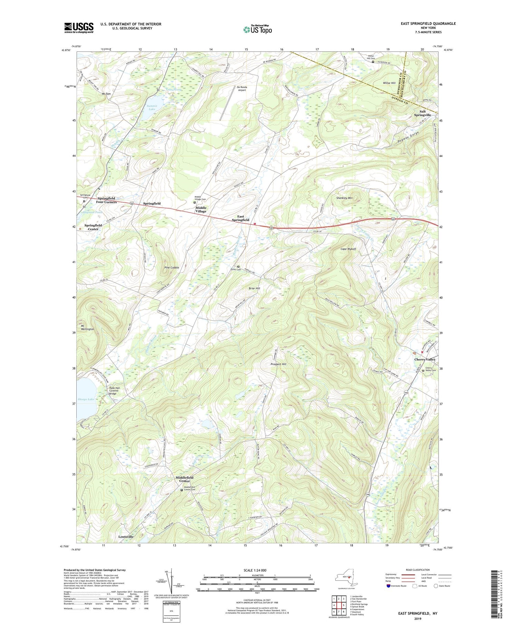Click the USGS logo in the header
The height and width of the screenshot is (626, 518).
(x=79, y=28)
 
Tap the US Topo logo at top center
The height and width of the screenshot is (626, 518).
(x=257, y=30)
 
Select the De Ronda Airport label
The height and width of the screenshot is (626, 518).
(x=242, y=89)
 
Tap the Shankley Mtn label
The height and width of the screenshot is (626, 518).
(x=344, y=198)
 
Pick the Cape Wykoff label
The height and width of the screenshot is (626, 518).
(x=348, y=249)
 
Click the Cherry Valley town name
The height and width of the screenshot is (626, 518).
(x=425, y=359)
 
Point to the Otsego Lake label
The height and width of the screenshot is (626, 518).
(x=86, y=399)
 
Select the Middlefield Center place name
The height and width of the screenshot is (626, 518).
(x=184, y=479)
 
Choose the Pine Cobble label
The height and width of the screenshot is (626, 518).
(x=172, y=268)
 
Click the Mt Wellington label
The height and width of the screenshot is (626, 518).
(x=87, y=327)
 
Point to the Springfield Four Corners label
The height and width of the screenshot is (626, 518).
(x=107, y=200)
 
